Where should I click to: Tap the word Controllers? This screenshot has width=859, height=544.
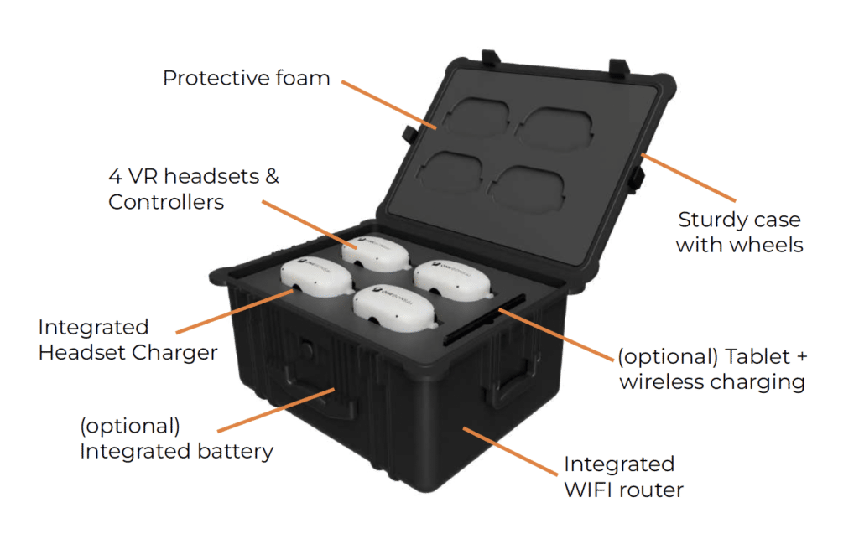[x=166, y=202]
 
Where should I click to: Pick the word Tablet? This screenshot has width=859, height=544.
[x=757, y=356]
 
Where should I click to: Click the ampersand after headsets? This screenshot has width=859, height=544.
[x=273, y=176]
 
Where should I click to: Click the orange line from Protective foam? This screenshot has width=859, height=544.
[x=389, y=105]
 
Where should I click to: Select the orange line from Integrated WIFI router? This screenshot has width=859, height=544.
[x=510, y=451]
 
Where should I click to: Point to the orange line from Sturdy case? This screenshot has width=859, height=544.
[x=689, y=178]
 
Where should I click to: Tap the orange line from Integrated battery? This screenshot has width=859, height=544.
[x=276, y=410]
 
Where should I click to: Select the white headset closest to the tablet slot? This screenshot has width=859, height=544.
[x=452, y=280]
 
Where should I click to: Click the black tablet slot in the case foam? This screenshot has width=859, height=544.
[x=484, y=319]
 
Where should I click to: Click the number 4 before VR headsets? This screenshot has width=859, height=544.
[x=115, y=176]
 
